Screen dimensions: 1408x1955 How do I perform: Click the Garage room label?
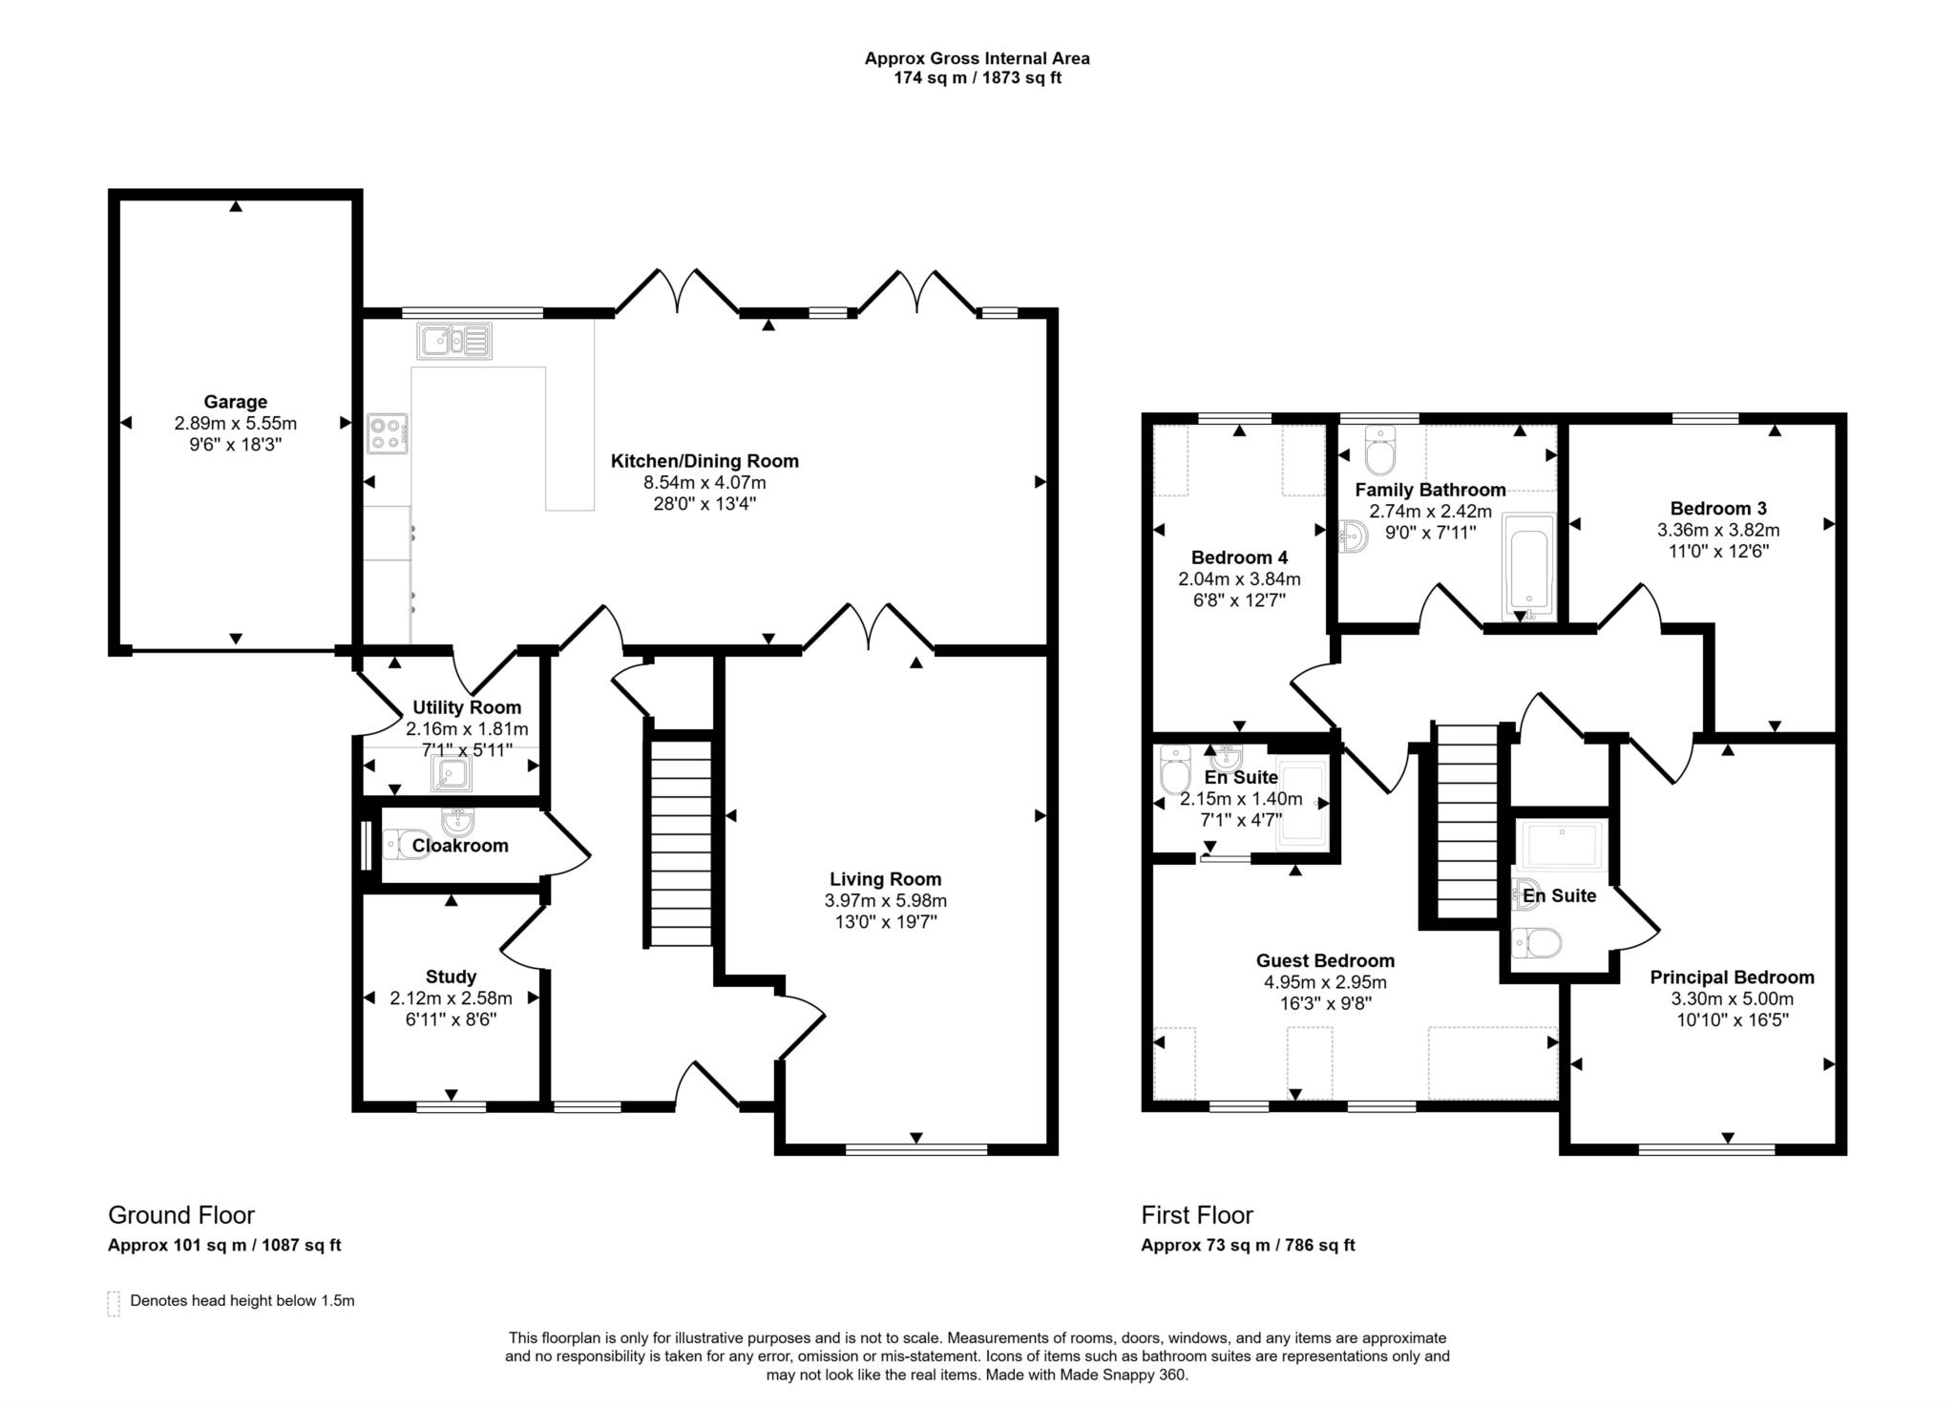click(x=235, y=402)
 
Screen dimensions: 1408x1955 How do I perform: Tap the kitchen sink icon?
click(x=454, y=341)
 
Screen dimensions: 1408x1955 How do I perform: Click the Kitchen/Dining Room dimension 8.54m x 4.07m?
click(x=704, y=483)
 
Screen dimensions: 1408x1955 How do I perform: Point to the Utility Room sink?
click(x=451, y=773)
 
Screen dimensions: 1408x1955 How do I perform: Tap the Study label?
click(x=451, y=977)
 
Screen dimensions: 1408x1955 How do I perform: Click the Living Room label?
click(x=885, y=879)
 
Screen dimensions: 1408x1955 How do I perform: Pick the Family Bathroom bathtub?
click(x=1528, y=565)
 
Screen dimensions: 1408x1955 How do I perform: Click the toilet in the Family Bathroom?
click(x=1379, y=450)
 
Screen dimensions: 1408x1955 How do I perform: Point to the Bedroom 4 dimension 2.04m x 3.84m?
click(x=1239, y=578)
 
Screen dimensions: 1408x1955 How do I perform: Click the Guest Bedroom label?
click(x=1325, y=960)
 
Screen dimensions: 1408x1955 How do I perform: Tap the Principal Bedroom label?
click(x=1732, y=977)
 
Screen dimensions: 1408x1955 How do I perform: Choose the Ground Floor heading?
click(x=181, y=1215)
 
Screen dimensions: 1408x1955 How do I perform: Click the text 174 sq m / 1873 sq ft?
click(x=977, y=78)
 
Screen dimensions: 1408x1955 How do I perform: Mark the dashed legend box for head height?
click(x=114, y=1303)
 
